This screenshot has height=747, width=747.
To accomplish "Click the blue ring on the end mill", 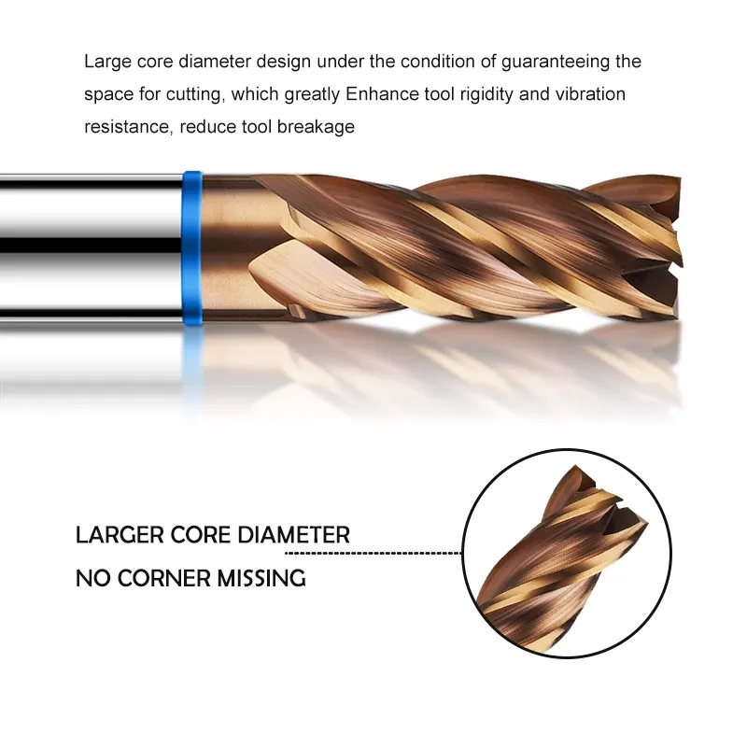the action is tap(193, 247).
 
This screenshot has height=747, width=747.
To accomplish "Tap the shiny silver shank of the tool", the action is tap(89, 247).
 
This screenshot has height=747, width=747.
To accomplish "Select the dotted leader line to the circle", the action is tap(406, 553).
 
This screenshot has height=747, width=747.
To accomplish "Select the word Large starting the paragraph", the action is tap(106, 63).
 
